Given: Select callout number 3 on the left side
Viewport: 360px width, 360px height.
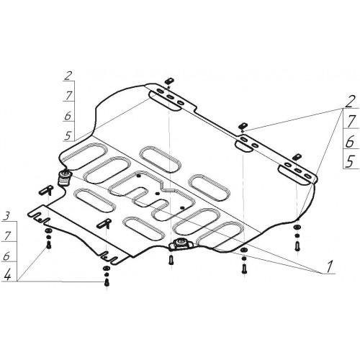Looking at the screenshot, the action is tap(6, 216).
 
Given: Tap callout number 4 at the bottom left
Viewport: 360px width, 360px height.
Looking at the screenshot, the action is tap(7, 274).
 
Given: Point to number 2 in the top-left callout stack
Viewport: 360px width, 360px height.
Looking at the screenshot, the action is tap(68, 76).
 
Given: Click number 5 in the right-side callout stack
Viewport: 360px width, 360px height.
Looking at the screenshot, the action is tap(349, 161).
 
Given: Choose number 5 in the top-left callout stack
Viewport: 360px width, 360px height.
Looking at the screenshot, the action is tap(68, 135).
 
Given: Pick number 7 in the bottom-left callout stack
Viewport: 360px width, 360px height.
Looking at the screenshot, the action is tap(7, 236).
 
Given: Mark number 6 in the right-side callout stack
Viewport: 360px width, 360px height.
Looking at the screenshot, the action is tap(350, 142).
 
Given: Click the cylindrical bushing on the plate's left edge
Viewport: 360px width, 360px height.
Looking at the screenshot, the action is tap(64, 178).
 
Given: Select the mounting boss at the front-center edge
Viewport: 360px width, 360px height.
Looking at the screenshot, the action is tap(181, 244).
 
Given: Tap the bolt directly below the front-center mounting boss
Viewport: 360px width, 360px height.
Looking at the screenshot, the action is tap(171, 259).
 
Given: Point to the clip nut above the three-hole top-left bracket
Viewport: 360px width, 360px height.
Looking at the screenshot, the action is tap(169, 81).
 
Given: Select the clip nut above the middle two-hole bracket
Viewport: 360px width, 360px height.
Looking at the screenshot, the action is tap(243, 125).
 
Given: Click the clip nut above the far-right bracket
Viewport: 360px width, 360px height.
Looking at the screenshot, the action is tap(297, 156).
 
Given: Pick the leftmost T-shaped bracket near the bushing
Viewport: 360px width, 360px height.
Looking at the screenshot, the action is tap(46, 190).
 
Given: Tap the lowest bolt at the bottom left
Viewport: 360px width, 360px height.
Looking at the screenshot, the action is tap(107, 283).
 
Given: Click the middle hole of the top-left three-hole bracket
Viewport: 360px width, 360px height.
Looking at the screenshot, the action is tap(171, 97).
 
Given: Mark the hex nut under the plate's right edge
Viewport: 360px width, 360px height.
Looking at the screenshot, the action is tap(297, 227).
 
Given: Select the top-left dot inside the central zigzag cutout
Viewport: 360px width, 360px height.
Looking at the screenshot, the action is tap(138, 176).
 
